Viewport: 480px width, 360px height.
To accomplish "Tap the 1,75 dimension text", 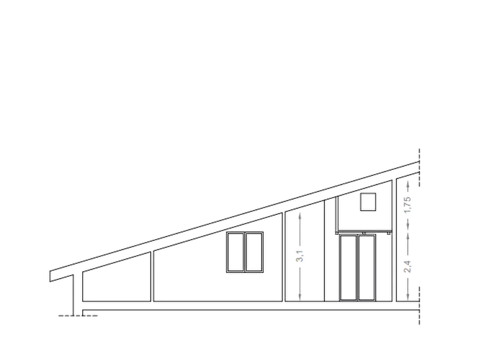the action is [407, 205].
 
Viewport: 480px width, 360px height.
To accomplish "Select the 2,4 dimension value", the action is [407, 266].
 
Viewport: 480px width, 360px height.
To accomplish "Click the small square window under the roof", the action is [368, 201].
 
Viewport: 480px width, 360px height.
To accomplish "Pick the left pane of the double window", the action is [236, 252].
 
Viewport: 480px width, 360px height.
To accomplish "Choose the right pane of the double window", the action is [254, 252].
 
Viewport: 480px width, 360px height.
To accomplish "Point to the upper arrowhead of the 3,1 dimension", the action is [300, 215].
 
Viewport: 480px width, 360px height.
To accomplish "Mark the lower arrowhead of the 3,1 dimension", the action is [300, 298].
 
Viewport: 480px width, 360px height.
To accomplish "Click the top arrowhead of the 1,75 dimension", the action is [408, 183].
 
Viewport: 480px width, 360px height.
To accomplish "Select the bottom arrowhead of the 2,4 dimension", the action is [408, 298].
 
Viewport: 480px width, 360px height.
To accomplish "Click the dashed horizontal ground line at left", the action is [78, 315].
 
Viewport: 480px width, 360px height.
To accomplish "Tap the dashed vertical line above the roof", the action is [419, 167].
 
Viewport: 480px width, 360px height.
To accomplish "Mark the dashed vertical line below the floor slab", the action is [419, 305].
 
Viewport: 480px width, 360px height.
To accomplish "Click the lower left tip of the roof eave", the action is [50, 282].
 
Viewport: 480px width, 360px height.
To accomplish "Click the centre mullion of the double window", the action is [245, 252].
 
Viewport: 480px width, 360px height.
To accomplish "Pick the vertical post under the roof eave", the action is [73, 295].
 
